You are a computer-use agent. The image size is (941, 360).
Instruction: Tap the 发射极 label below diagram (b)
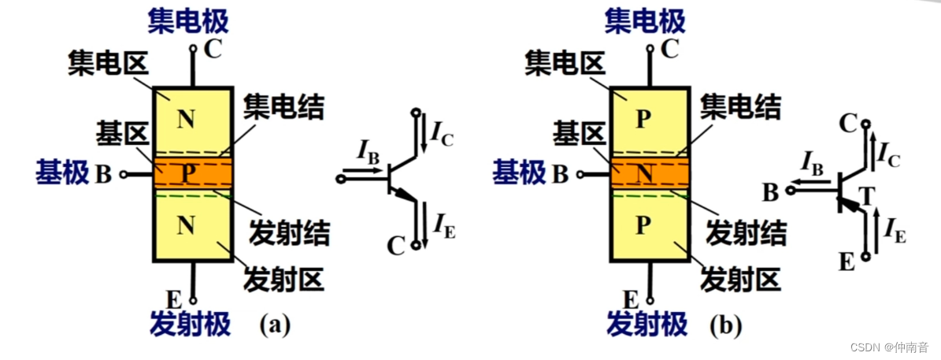[646, 323]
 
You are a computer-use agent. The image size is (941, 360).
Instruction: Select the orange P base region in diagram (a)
[192, 173]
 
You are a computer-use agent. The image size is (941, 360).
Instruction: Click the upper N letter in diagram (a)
[186, 120]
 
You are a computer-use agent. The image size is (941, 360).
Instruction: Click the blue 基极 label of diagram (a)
[62, 173]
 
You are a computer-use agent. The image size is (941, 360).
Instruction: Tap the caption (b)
[725, 325]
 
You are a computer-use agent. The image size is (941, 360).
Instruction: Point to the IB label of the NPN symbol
[368, 150]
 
